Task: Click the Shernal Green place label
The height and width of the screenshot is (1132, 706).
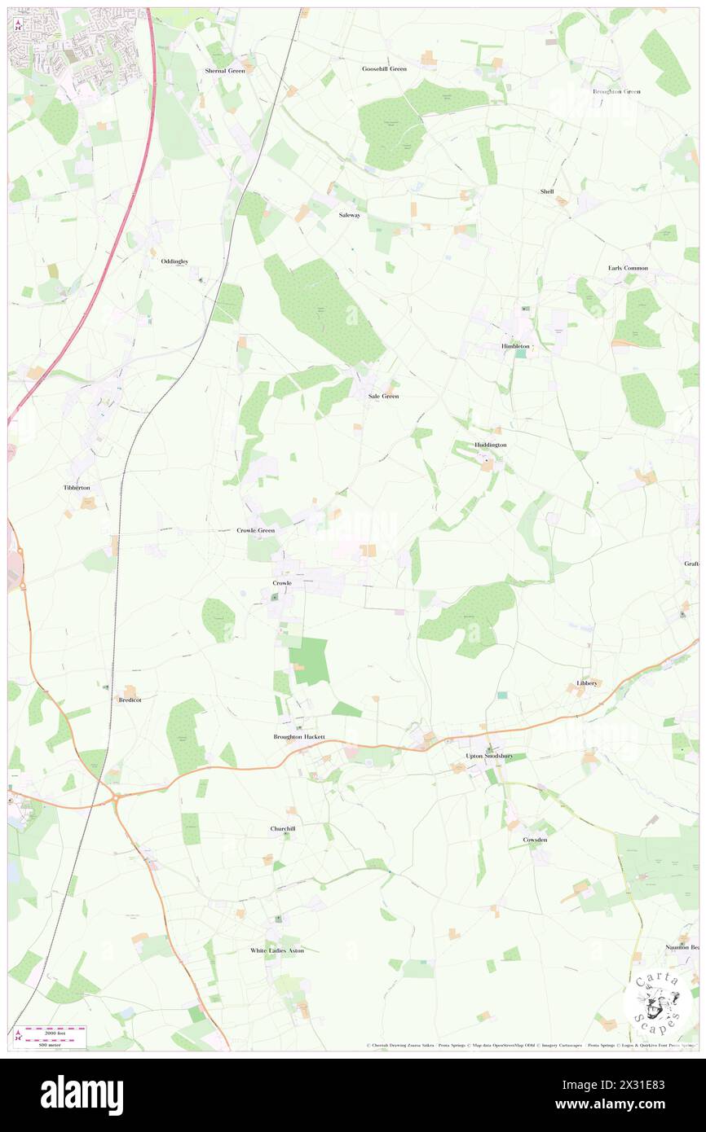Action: pos(225,71)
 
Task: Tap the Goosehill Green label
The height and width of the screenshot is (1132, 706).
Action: pos(384,69)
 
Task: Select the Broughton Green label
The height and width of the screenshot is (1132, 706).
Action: pos(617,91)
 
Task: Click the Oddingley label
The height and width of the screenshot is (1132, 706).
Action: pos(174,261)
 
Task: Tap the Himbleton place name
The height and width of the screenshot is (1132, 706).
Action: pos(515,346)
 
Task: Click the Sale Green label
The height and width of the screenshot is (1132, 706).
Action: pos(383,396)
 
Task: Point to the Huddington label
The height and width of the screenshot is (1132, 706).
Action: pos(490,445)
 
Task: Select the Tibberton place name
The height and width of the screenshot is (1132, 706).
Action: pos(77,487)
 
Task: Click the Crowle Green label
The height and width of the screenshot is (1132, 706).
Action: pos(256,530)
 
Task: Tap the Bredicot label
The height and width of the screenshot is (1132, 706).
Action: pos(130,700)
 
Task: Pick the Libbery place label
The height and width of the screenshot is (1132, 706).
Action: pos(588,682)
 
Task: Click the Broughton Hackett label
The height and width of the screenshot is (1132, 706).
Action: pos(298,737)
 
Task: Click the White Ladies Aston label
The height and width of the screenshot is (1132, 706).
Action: pos(276,950)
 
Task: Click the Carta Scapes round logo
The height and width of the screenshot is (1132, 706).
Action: pos(658,1001)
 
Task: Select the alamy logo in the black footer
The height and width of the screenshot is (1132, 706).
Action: pos(82,1095)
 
